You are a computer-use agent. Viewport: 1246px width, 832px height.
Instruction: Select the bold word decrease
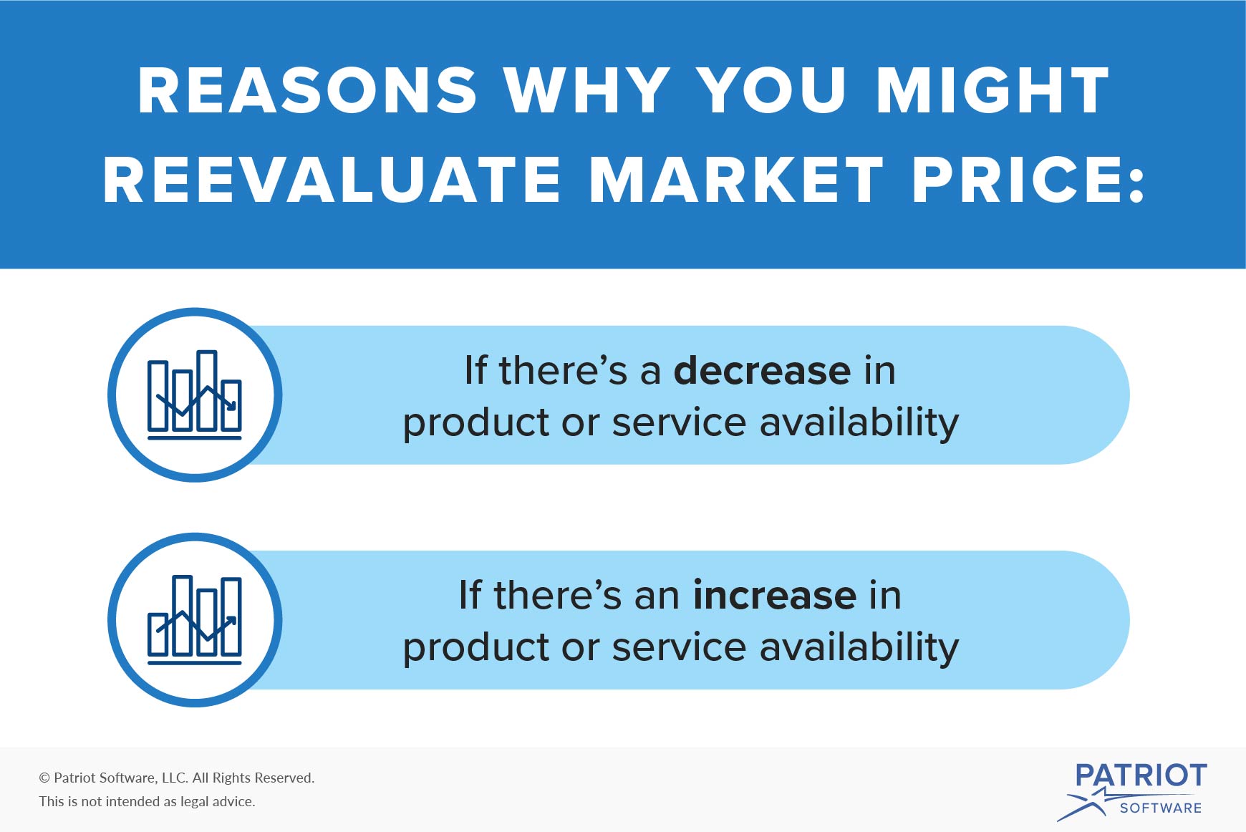pyautogui.click(x=762, y=371)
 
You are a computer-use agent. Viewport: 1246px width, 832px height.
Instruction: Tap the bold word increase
pyautogui.click(x=774, y=596)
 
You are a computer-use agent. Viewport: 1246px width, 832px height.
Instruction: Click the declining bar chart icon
pyautogui.click(x=195, y=395)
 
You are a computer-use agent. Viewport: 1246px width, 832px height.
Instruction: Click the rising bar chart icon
pyautogui.click(x=195, y=620)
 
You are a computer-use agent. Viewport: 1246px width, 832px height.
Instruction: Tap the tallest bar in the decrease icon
pyautogui.click(x=207, y=390)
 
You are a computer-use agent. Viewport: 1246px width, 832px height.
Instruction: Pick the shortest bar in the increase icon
pyautogui.click(x=158, y=634)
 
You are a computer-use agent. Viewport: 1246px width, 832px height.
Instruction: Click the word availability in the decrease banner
pyautogui.click(x=859, y=422)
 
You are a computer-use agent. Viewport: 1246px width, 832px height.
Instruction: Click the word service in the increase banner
pyautogui.click(x=679, y=647)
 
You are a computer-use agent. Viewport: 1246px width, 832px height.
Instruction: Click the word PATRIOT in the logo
pyautogui.click(x=1141, y=775)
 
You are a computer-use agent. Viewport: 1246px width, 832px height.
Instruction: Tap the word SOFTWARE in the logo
pyautogui.click(x=1160, y=808)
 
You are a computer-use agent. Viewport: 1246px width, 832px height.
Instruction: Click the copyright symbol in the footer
pyautogui.click(x=44, y=778)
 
